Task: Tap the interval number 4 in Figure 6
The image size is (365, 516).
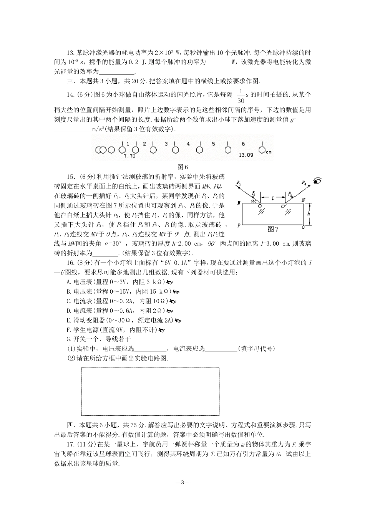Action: [188, 144]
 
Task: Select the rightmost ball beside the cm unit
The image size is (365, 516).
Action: [262, 150]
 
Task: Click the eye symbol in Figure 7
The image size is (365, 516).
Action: [317, 181]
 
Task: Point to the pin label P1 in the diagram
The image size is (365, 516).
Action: [239, 183]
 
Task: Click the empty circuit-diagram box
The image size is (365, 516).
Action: [150, 392]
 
